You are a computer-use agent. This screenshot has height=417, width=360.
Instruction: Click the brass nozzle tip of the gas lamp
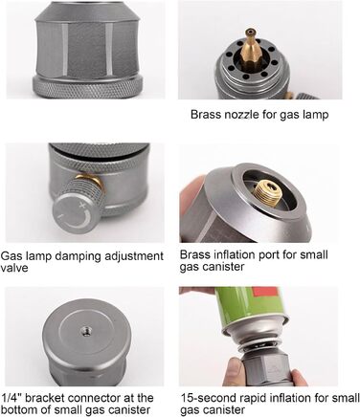point(250,32)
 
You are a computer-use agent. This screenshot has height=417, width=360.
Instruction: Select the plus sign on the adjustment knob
point(83,205)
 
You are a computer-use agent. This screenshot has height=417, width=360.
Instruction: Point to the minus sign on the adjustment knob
point(60,217)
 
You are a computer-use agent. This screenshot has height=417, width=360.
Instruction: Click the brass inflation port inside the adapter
point(267,192)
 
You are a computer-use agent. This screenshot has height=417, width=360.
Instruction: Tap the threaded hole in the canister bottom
point(86,330)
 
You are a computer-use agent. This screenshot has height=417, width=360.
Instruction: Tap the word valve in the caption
point(14,268)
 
